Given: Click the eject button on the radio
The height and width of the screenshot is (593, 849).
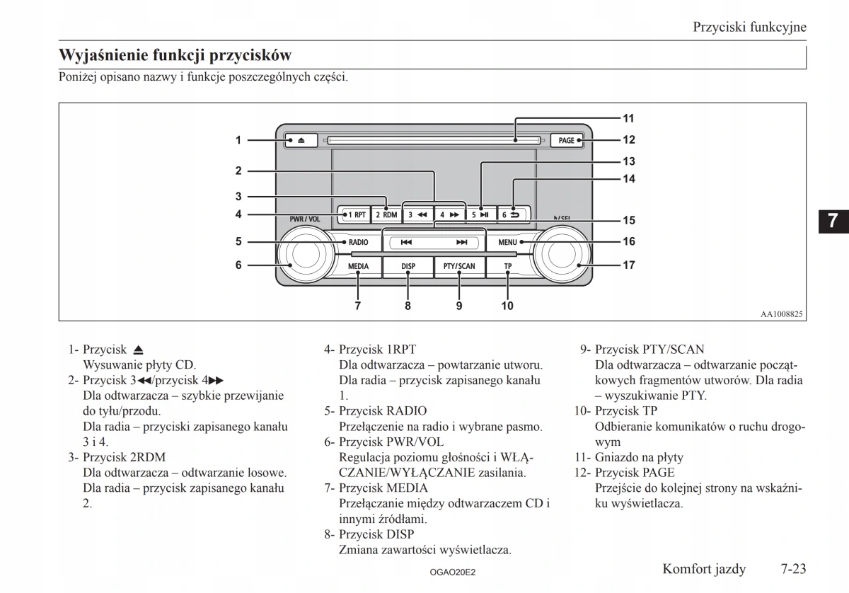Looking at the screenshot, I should [x=301, y=140].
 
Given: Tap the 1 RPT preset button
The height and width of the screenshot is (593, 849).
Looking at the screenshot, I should [x=356, y=214].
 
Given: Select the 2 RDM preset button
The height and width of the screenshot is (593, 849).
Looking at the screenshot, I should [x=386, y=214].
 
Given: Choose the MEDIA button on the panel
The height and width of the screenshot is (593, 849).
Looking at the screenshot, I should [x=359, y=267].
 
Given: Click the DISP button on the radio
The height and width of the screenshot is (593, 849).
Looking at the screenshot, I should [x=408, y=267].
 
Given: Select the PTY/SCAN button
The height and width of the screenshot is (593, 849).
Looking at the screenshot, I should [x=459, y=267].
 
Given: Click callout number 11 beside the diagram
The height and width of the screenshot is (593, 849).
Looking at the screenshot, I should [x=628, y=117].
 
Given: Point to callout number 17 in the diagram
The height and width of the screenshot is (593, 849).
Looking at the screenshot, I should [x=628, y=266].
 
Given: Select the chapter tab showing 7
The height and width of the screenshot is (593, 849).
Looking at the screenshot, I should [x=833, y=220].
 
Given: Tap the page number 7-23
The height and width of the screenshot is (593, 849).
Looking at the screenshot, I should [x=794, y=569].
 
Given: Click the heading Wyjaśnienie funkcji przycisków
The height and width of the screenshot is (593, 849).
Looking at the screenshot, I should [x=175, y=55].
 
